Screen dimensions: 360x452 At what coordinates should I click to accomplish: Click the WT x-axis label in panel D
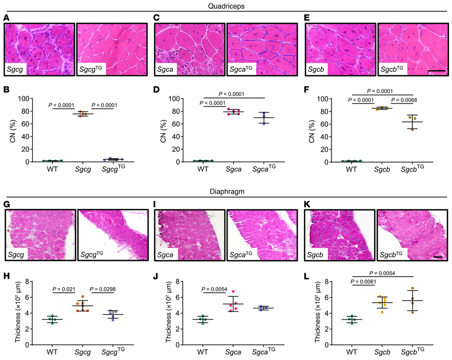202,169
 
